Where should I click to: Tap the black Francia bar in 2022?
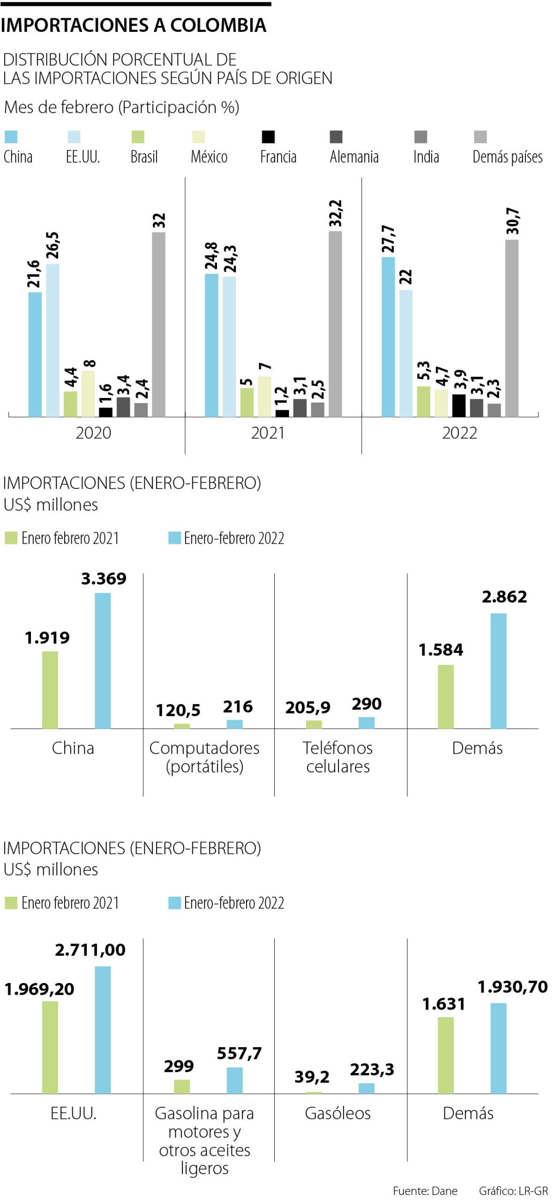coord(459,405)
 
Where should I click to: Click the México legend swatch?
coord(198,137)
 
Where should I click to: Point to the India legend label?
coord(426,157)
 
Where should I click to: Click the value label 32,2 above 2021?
coord(336,213)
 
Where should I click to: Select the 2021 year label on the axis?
coord(268,433)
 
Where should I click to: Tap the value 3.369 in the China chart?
coord(104,579)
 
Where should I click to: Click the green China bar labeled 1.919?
coord(50,690)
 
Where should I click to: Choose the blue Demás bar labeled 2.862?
coord(498,671)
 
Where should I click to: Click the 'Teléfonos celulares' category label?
coord(337,757)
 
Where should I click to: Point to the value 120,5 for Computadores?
coord(178,711)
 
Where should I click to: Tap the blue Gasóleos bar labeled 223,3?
coord(367,1088)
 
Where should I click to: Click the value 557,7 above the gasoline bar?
coord(239,1054)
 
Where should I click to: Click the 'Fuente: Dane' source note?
coord(425,1191)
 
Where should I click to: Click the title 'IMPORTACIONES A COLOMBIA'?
coord(134,25)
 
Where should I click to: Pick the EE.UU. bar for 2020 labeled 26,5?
coord(52,340)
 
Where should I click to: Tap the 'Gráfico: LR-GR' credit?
coord(513,1191)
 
